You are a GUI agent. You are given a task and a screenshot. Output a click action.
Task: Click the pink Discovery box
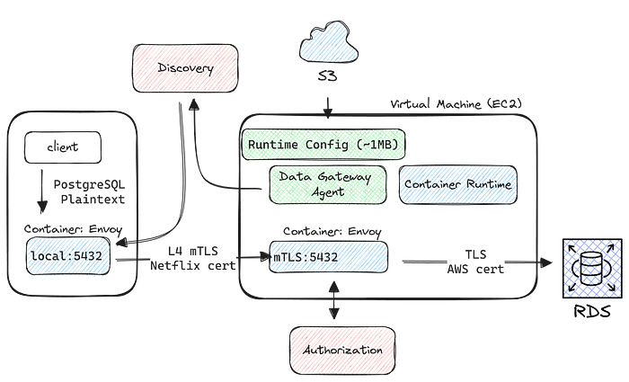pyautogui.click(x=185, y=68)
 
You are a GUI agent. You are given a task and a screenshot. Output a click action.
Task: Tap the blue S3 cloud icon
pyautogui.click(x=329, y=42)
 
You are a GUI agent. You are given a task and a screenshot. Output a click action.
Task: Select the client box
pyautogui.click(x=63, y=147)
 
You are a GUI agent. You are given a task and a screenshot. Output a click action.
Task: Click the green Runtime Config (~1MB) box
pyautogui.click(x=323, y=145)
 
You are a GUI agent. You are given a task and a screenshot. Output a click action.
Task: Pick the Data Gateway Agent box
pyautogui.click(x=328, y=185)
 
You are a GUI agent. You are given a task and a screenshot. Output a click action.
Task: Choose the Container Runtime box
pyautogui.click(x=457, y=185)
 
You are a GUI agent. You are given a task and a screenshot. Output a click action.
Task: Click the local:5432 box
pyautogui.click(x=67, y=256)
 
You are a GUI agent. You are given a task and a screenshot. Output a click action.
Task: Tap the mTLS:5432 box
pyautogui.click(x=329, y=257)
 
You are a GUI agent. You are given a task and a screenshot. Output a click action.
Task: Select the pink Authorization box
pyautogui.click(x=342, y=351)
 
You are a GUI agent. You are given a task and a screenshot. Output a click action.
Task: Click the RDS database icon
pyautogui.click(x=593, y=269)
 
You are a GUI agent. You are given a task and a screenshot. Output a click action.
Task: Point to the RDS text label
pyautogui.click(x=592, y=311)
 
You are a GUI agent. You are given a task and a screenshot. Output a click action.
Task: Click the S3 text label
pyautogui.click(x=327, y=76)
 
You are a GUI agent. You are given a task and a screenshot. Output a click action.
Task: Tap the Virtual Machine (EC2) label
pyautogui.click(x=456, y=104)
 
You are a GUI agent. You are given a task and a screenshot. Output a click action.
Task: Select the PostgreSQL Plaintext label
pyautogui.click(x=90, y=191)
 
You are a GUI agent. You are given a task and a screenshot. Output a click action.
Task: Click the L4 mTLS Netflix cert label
pyautogui.click(x=193, y=259)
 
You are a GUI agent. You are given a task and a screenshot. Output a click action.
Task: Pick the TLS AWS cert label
pyautogui.click(x=475, y=262)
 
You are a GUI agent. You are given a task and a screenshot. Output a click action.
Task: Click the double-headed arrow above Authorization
pyautogui.click(x=333, y=299)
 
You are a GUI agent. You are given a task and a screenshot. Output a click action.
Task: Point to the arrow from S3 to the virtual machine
pyautogui.click(x=328, y=108)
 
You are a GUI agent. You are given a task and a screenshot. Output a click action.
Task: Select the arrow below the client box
pyautogui.click(x=41, y=191)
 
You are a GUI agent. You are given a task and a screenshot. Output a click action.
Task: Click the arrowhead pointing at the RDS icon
pyautogui.click(x=546, y=262)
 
